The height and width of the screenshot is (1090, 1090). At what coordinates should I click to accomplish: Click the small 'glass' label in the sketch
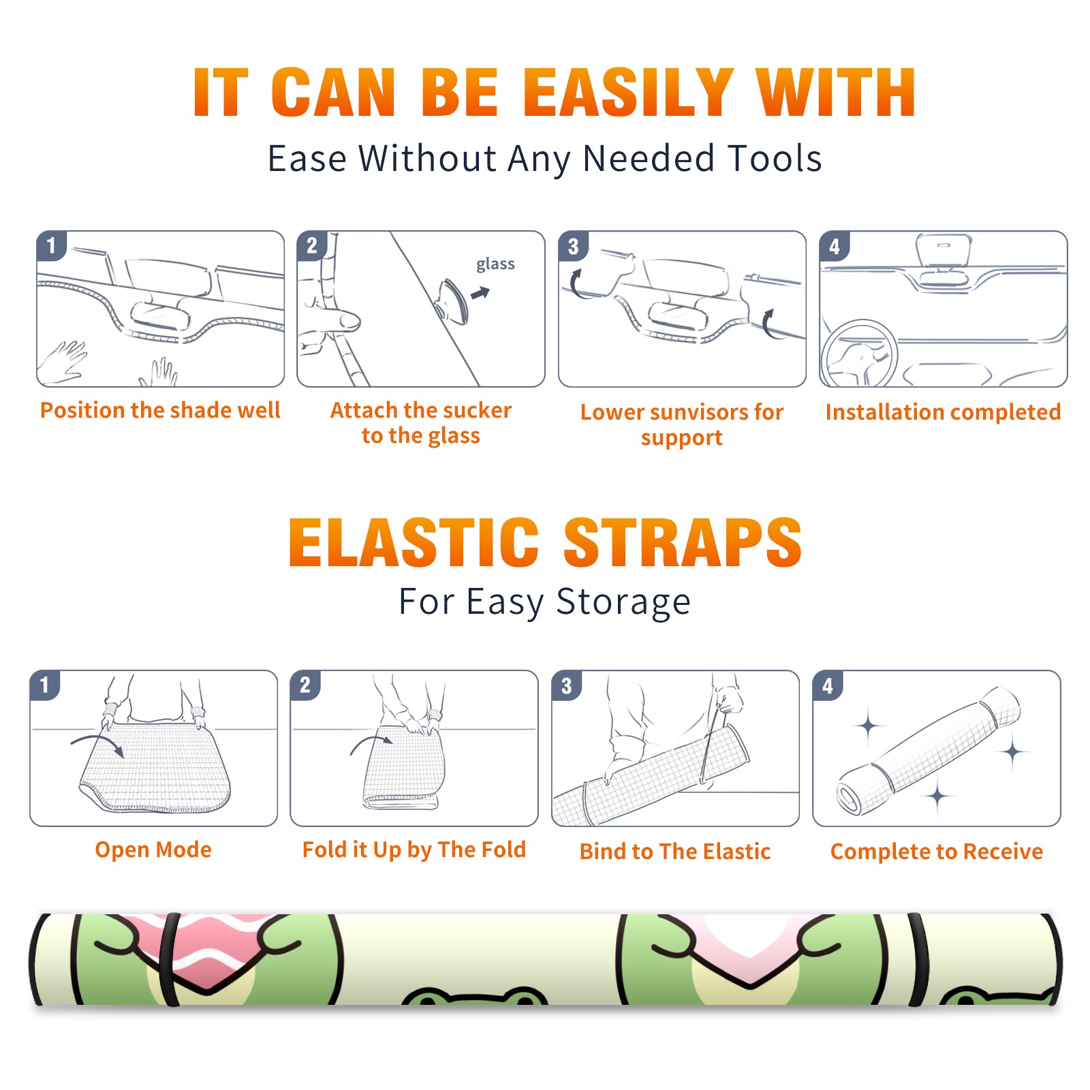(495, 264)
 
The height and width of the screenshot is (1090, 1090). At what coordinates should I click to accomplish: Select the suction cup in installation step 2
(452, 300)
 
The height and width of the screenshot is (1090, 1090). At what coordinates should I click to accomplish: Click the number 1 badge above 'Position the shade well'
(52, 245)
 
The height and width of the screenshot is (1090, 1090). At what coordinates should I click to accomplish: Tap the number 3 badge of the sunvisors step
(573, 245)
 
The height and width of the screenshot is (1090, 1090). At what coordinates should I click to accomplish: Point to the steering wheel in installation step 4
(859, 354)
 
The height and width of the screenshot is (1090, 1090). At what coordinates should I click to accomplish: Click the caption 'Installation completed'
(943, 412)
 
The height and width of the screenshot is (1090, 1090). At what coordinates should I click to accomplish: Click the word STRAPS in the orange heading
(683, 542)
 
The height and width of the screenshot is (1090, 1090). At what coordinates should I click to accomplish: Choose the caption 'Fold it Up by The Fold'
(414, 850)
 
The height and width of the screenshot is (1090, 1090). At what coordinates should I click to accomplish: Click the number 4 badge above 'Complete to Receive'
(828, 685)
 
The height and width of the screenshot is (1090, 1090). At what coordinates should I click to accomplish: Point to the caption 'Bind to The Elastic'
(675, 852)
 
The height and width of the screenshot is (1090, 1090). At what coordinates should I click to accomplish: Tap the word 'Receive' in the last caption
(1003, 852)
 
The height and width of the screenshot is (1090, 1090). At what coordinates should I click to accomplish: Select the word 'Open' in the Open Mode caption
(121, 850)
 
